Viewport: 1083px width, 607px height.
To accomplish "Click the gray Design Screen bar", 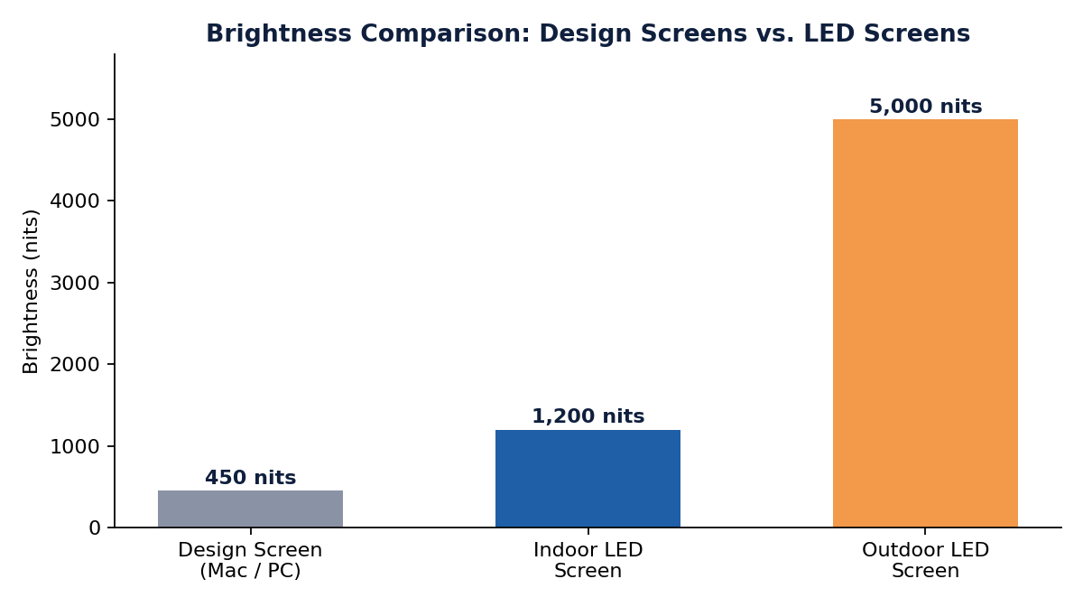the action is pyautogui.click(x=251, y=509).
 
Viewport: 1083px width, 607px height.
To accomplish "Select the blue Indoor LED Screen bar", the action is pyautogui.click(x=588, y=478).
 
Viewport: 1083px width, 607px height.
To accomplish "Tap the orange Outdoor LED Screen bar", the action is pyautogui.click(x=925, y=322).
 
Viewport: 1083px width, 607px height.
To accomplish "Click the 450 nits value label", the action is pyautogui.click(x=251, y=478).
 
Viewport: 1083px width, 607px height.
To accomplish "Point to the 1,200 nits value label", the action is pyautogui.click(x=588, y=416).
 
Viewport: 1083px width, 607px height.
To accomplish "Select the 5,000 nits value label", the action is pyautogui.click(x=925, y=107).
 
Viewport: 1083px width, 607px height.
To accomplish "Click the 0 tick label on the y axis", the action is pyautogui.click(x=95, y=528).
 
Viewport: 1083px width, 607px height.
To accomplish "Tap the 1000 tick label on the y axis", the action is pyautogui.click(x=76, y=446).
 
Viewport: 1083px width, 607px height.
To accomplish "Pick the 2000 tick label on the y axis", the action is pyautogui.click(x=76, y=365).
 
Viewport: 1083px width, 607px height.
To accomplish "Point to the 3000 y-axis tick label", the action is pyautogui.click(x=76, y=283).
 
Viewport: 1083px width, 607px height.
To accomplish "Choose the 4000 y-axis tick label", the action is pyautogui.click(x=76, y=201).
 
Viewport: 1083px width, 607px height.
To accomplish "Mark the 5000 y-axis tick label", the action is pyautogui.click(x=76, y=119).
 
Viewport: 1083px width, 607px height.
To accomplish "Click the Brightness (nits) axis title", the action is pyautogui.click(x=31, y=292).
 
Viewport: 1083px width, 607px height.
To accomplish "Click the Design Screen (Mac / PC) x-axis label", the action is pyautogui.click(x=251, y=560).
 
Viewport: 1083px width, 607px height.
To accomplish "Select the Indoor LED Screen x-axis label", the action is pyautogui.click(x=588, y=560).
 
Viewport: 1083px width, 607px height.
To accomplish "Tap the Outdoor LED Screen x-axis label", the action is pyautogui.click(x=925, y=560).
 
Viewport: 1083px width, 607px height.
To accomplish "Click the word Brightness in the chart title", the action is pyautogui.click(x=279, y=34).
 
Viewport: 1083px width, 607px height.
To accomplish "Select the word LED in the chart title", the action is pyautogui.click(x=829, y=33).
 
